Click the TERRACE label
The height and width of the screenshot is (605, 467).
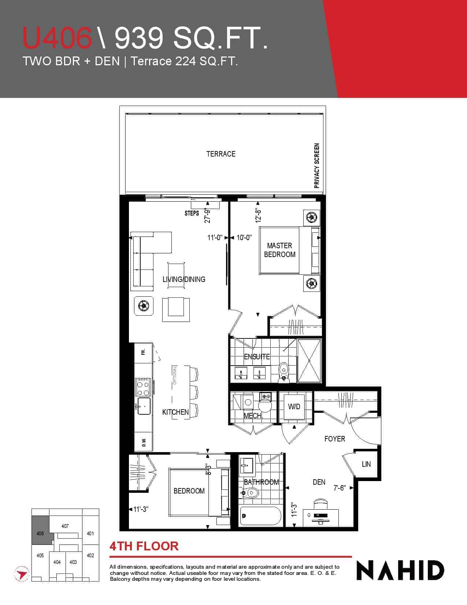221,154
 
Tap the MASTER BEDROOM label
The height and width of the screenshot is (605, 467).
279,250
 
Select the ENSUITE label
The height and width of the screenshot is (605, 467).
257,357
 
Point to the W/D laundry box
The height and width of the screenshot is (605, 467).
294,407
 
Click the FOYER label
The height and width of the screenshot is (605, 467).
335,439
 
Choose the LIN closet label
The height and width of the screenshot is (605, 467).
366,464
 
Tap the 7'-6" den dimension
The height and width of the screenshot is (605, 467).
339,488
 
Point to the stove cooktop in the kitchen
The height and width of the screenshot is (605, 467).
143,387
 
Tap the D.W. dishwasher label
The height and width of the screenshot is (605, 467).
144,443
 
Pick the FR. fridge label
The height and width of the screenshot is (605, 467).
143,352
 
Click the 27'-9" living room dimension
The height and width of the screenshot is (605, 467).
207,216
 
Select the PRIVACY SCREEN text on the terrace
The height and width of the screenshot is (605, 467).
316,166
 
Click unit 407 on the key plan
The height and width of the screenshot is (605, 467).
65,526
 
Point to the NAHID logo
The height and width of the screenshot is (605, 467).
400,571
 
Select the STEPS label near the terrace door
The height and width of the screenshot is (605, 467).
192,213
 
